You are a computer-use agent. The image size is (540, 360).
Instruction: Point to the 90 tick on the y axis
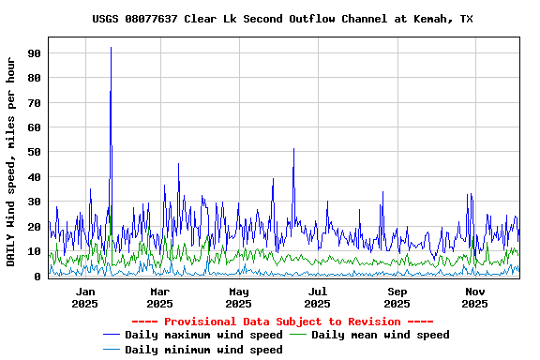pos(33,53)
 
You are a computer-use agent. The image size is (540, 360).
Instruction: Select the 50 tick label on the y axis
pos(33,152)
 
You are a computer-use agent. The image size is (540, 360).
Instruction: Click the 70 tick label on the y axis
pos(33,103)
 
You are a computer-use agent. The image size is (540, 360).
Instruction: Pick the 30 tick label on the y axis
pos(33,202)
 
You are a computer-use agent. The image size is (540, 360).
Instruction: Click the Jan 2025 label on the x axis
pos(84,297)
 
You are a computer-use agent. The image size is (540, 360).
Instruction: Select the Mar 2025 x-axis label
pos(159,297)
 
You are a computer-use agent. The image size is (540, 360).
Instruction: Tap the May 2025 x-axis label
pos(238,297)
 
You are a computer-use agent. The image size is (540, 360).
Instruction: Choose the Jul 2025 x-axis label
pos(317,297)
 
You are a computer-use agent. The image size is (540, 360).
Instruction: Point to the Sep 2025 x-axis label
pos(397,297)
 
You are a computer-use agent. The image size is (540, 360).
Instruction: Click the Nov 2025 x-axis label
pos(474,297)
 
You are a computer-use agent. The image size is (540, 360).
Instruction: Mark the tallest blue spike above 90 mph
pos(111,49)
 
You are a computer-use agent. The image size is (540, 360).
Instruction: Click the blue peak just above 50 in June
pos(293,150)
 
